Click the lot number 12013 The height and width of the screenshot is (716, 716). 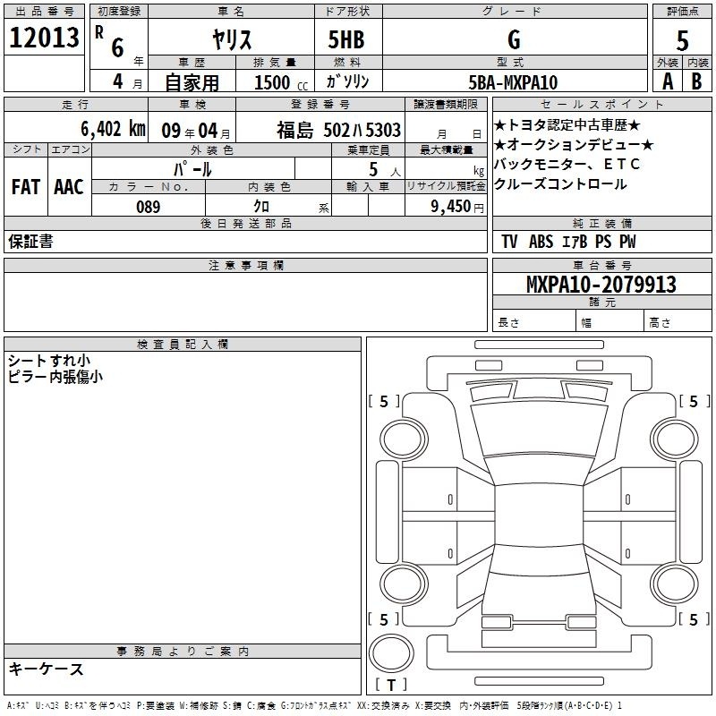click(44, 38)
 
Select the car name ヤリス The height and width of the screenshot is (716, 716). click(232, 39)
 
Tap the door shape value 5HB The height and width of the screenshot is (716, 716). click(346, 39)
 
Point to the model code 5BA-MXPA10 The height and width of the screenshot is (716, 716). click(513, 82)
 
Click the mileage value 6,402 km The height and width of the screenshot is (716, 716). click(113, 129)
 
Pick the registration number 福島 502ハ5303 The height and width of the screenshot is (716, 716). click(338, 130)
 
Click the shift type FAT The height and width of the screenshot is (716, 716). click(26, 187)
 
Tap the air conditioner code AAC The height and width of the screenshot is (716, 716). click(69, 187)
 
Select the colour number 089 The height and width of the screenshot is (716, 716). click(149, 207)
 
